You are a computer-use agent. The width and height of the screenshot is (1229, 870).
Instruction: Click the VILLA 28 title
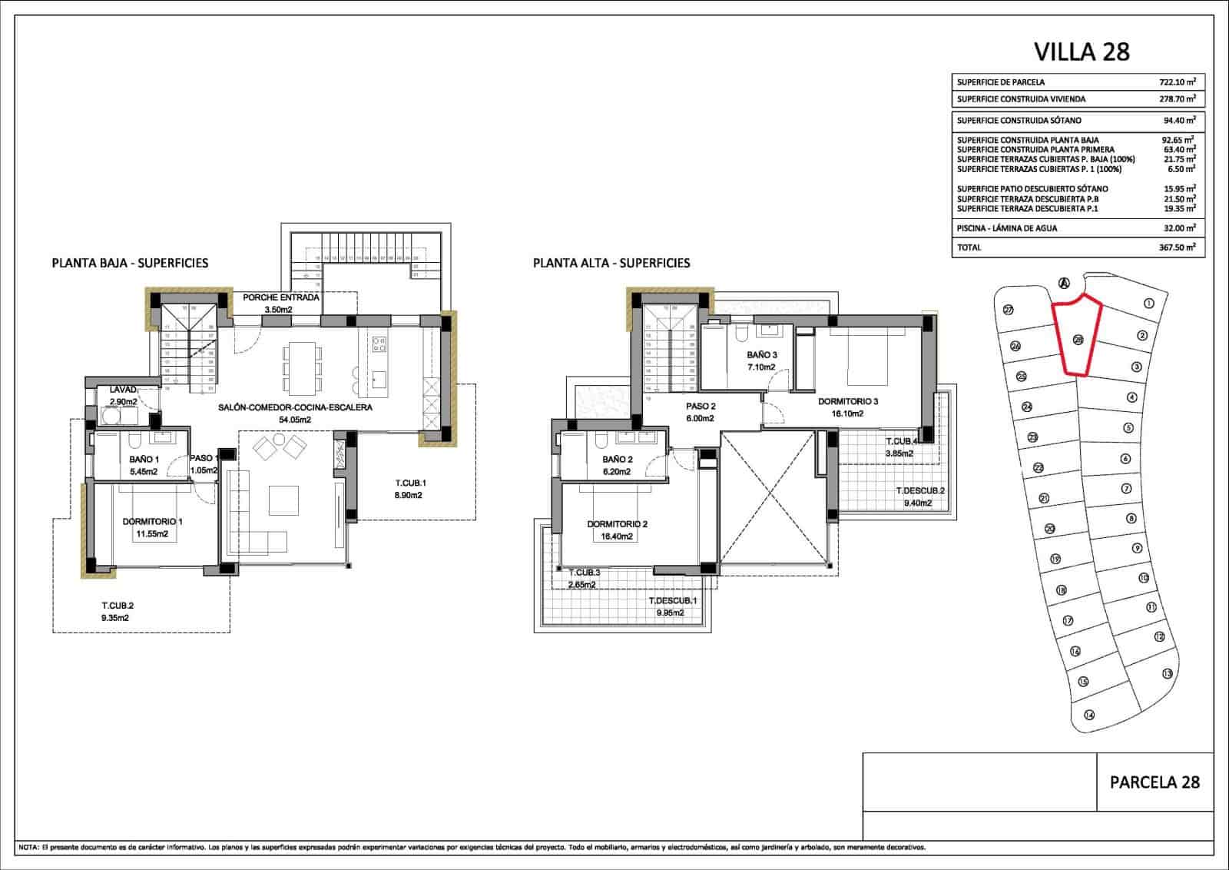(x=1082, y=51)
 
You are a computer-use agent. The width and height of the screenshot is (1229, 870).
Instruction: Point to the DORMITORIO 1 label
(x=152, y=521)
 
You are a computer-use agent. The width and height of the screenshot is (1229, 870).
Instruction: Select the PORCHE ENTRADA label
(x=280, y=297)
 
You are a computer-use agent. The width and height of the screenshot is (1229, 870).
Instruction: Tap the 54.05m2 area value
(x=295, y=420)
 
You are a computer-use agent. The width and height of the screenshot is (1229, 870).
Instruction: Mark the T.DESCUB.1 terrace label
(x=671, y=601)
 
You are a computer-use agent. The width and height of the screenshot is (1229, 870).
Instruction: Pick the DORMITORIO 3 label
(x=847, y=401)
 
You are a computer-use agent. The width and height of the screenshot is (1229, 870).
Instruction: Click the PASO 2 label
(x=701, y=407)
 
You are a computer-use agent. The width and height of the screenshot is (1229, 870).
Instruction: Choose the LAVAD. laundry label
(x=123, y=390)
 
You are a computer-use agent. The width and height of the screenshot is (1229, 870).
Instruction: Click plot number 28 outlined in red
(x=1078, y=340)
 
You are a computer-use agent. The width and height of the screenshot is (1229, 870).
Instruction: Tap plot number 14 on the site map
(x=1088, y=715)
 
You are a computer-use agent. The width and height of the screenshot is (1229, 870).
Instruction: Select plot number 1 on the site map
(x=1149, y=304)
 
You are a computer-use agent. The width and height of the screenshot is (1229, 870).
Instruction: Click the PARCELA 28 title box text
(x=1154, y=782)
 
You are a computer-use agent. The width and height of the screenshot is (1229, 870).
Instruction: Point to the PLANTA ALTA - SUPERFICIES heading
(x=611, y=263)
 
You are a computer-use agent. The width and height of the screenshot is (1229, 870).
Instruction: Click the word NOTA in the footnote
(x=28, y=848)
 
